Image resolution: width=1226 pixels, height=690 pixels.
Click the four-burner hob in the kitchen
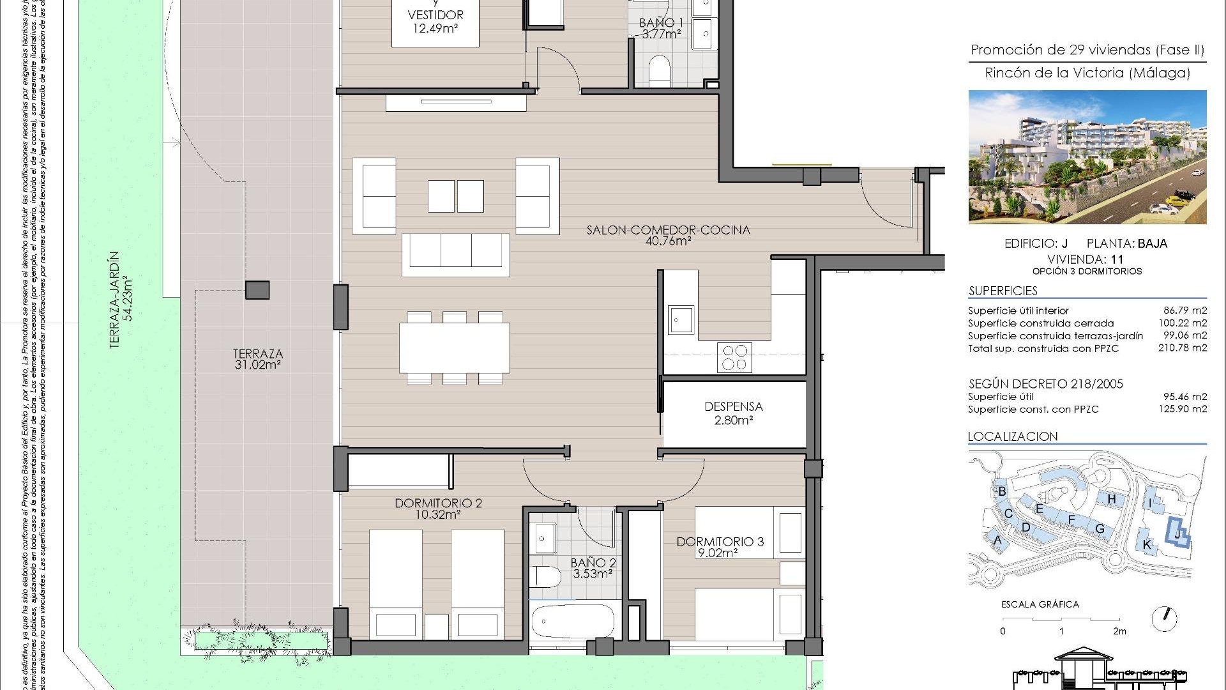click(734, 357)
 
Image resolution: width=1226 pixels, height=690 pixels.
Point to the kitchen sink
click(681, 319)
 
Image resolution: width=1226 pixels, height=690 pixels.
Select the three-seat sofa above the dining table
click(456, 254)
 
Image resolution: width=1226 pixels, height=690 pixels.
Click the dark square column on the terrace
click(257, 290)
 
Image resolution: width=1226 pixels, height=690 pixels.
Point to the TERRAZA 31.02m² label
click(257, 359)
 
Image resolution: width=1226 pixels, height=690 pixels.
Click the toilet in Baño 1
click(658, 71)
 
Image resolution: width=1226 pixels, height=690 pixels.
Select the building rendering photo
click(1087, 157)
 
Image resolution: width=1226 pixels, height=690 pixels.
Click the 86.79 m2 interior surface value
click(1184, 310)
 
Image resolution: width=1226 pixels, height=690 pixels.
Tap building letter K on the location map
click(1147, 545)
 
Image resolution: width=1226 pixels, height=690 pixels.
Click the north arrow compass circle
click(1165, 618)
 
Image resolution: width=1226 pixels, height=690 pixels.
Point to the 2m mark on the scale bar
click(1119, 631)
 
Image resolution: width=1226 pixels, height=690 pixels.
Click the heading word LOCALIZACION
click(1013, 436)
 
